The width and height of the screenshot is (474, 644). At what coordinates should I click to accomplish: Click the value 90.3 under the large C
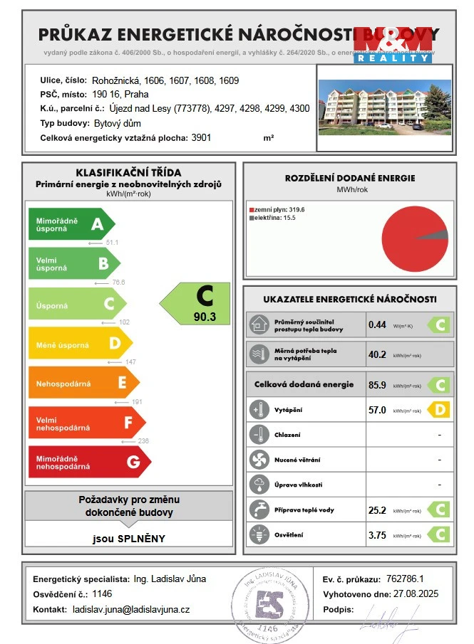[x=204, y=317]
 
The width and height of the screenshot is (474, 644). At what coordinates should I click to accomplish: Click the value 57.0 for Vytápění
[x=377, y=410]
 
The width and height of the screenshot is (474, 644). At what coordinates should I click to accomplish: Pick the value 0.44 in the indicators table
[x=377, y=325]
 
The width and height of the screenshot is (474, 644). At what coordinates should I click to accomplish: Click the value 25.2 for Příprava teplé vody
[x=377, y=510]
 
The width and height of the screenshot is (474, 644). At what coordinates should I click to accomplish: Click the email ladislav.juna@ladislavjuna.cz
[x=131, y=610]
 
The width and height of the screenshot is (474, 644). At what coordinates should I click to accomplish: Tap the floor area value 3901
[x=202, y=138]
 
